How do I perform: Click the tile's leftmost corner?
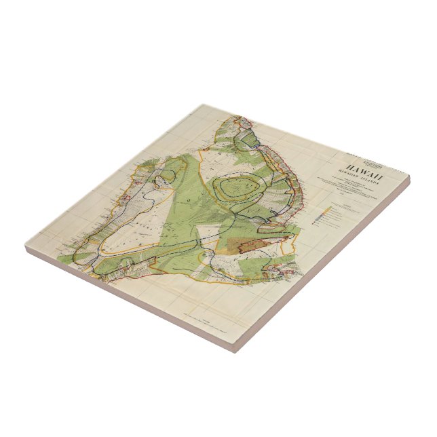tap(26, 248)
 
